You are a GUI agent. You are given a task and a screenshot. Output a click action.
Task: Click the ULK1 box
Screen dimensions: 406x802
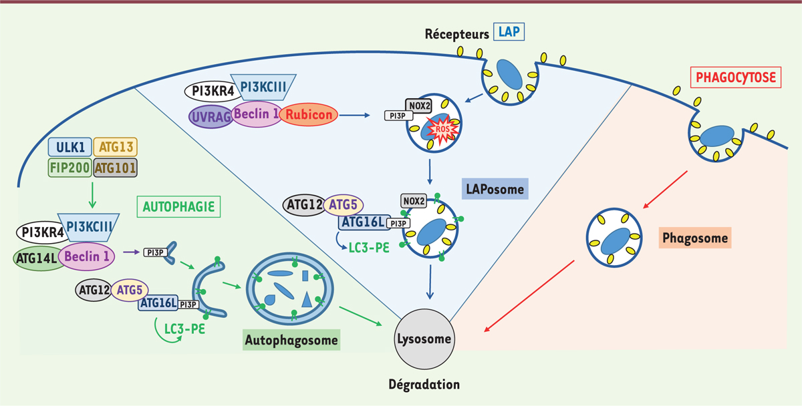pyautogui.click(x=70, y=146)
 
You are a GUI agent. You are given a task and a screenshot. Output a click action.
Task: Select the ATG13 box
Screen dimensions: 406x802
pyautogui.click(x=115, y=146)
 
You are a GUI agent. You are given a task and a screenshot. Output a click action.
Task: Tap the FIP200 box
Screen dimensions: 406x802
pyautogui.click(x=70, y=167)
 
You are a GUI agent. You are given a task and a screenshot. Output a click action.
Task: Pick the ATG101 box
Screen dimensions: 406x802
pyautogui.click(x=115, y=167)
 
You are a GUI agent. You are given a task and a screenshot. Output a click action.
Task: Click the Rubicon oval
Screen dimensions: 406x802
pyautogui.click(x=308, y=114)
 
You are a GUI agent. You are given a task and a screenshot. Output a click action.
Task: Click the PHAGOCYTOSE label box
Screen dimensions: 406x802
pyautogui.click(x=737, y=77)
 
